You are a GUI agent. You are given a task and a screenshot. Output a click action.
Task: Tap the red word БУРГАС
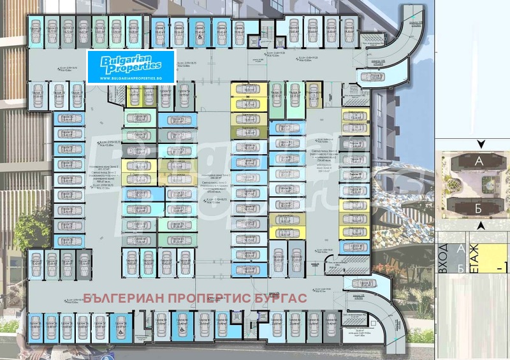[x=282, y=298]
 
